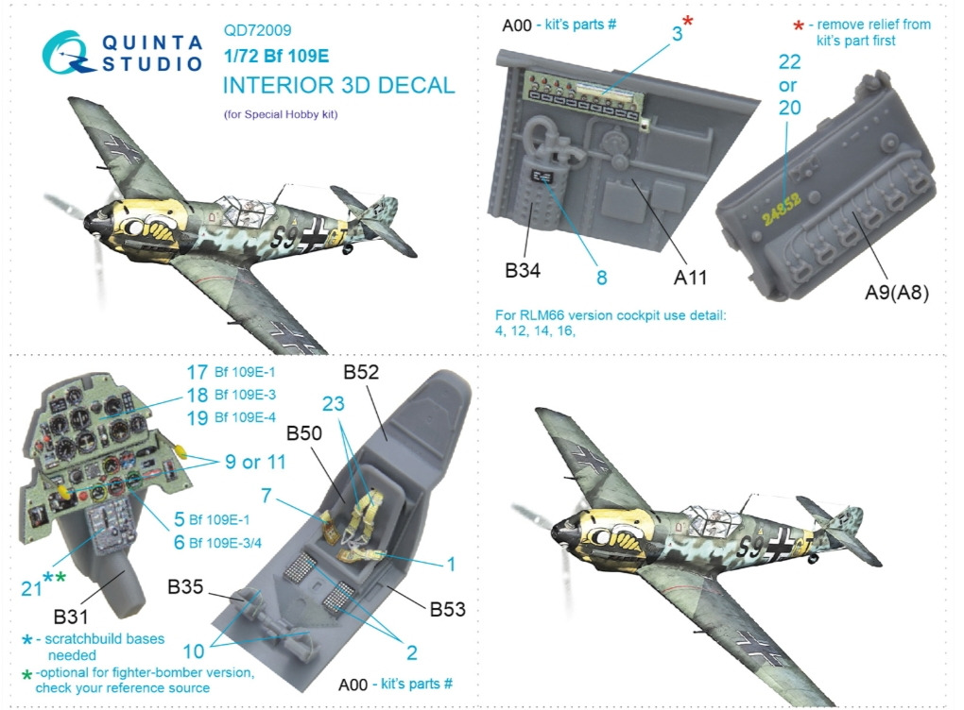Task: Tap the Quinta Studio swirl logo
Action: (x=67, y=52)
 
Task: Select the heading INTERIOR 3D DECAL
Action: (x=338, y=85)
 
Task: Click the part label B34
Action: (x=523, y=270)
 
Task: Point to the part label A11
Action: (x=691, y=278)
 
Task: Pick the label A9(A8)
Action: (x=897, y=293)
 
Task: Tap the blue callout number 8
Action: (x=602, y=278)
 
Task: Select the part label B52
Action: (x=361, y=372)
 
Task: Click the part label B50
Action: (x=304, y=433)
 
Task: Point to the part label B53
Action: (x=448, y=609)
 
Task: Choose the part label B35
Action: (x=185, y=586)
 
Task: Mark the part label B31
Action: (x=71, y=617)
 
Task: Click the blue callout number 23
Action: (x=334, y=403)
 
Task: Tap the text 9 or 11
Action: (x=256, y=462)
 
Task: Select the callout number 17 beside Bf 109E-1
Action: (x=198, y=372)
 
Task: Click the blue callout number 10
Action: (x=194, y=651)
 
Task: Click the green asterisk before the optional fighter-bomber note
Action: (x=27, y=676)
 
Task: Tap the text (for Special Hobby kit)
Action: (x=281, y=114)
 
